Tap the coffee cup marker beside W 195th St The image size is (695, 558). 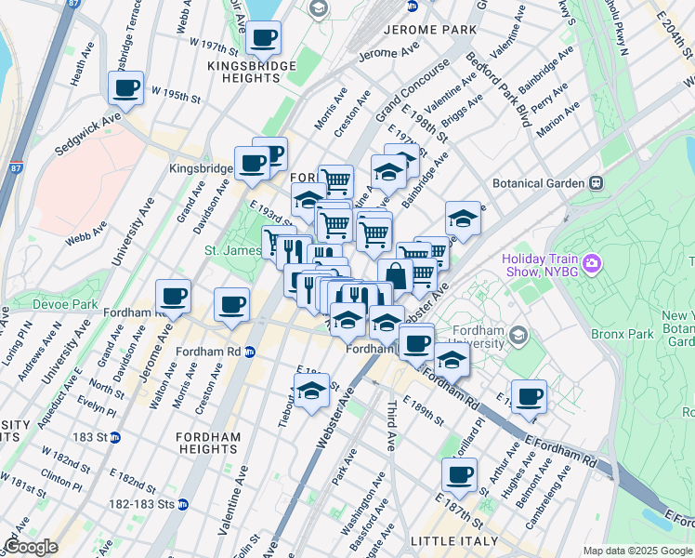[126, 88]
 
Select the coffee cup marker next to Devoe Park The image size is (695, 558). [173, 297]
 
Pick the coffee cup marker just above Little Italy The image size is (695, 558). [458, 475]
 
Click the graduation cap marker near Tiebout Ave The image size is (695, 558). [312, 391]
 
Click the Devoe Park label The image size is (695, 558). [64, 304]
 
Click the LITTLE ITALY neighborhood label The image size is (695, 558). [453, 540]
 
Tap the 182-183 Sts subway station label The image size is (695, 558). [148, 504]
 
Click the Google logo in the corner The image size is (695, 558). [31, 547]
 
